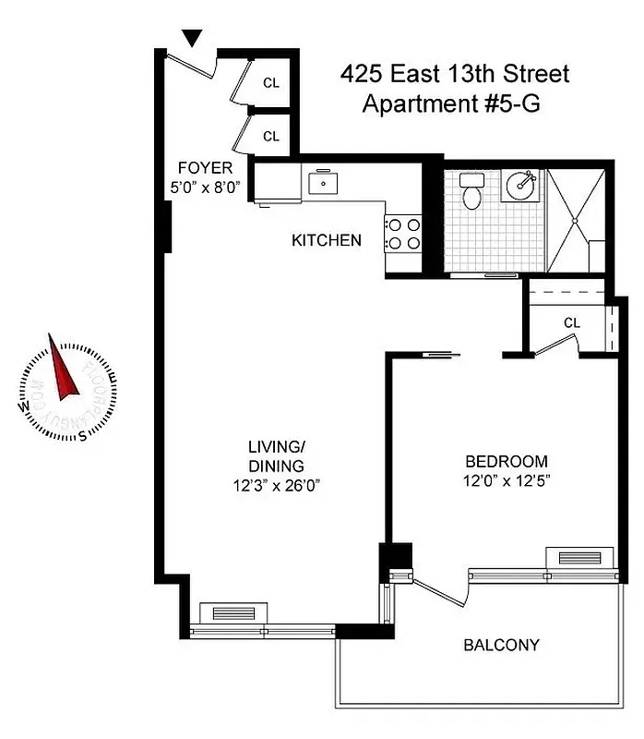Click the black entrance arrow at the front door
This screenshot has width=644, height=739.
pos(192,38)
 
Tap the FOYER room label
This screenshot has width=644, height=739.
pos(205,168)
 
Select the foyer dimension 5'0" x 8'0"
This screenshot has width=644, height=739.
pos(205,188)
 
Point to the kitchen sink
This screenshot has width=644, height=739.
pos(323,183)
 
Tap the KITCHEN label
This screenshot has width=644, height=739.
pos(326,241)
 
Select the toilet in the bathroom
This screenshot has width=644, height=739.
pos(472,192)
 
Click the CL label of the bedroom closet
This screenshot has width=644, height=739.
pos(571,323)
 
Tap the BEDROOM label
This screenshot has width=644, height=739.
pos(506,462)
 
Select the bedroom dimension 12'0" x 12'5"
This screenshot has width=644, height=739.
pos(506,480)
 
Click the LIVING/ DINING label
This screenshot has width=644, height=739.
pos(275,456)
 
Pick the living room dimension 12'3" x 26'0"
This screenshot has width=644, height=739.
pos(275,484)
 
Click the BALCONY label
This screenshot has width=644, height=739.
pos(501,645)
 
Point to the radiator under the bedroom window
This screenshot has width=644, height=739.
pos(573,556)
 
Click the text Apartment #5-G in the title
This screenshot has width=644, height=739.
pos(451,103)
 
